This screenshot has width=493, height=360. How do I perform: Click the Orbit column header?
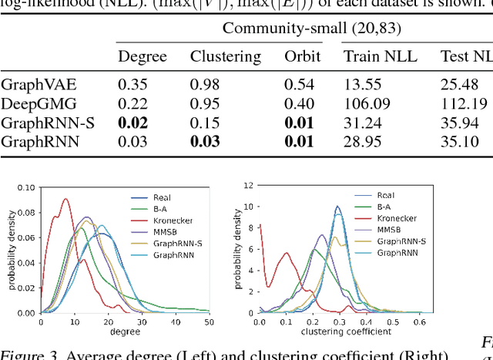coord(302,56)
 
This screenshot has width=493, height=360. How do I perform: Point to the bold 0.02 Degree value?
coord(132,123)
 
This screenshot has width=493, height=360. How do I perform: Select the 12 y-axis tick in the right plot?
coord(248,186)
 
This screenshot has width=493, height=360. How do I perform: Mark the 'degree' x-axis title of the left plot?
coord(117,331)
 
